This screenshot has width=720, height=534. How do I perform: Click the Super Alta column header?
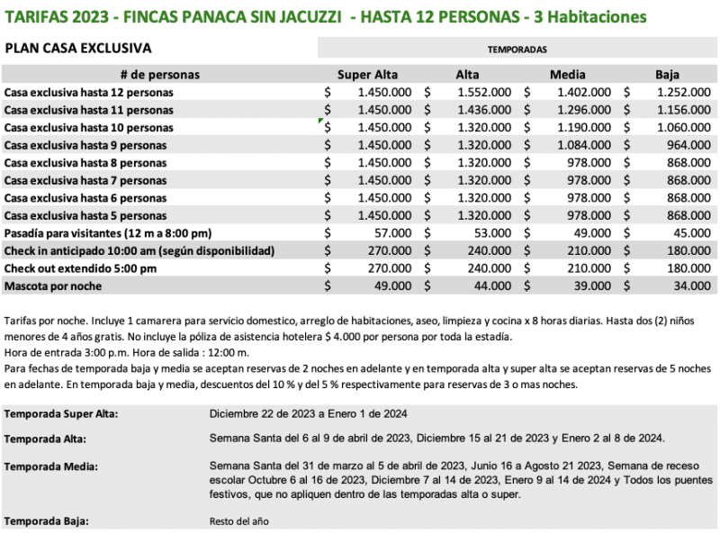pos(366,75)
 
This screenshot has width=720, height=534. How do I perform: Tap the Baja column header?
pos(667,75)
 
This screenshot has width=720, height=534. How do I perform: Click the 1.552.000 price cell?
pos(484,92)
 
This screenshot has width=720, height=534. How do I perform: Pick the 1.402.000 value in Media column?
pos(583,92)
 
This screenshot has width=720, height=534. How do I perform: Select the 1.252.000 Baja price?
pos(683,92)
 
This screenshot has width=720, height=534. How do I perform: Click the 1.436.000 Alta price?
pos(484,110)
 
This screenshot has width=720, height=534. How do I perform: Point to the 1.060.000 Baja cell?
pos(683,127)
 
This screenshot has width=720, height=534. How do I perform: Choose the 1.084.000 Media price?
pos(583,145)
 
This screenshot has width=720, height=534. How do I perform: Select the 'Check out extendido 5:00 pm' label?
pos(81,268)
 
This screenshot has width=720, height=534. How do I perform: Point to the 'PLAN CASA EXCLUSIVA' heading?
pos(78,49)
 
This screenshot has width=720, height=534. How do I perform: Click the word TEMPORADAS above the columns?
pos(517,50)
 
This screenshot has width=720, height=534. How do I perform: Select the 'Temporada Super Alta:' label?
pos(61,414)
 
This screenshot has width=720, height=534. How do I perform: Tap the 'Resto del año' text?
pos(238,520)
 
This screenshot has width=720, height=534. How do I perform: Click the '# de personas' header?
pos(159,75)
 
